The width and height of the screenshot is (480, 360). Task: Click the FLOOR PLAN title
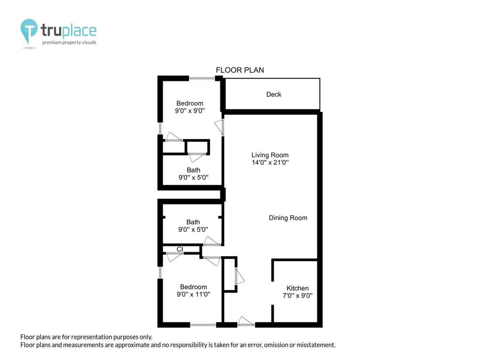[x=240, y=70]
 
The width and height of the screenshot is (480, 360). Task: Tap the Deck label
[x=274, y=94]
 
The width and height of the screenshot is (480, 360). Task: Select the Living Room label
[x=270, y=155]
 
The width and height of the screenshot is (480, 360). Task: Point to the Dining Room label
[x=288, y=218]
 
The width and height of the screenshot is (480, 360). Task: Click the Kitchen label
[x=298, y=288]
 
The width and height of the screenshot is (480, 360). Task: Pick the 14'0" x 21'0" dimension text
[x=270, y=163]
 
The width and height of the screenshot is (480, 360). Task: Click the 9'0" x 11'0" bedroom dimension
[x=194, y=294]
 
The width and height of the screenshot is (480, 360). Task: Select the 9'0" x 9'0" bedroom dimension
[x=190, y=111]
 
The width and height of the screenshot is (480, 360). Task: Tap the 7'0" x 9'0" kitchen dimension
[x=298, y=296]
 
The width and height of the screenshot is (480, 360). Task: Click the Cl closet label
[x=180, y=249]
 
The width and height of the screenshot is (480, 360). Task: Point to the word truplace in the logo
[x=68, y=30]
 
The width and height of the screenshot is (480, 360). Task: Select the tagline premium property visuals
[x=69, y=42]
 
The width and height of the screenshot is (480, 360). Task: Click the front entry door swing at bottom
[x=246, y=321]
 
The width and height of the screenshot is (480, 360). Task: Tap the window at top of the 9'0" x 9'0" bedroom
[x=202, y=79]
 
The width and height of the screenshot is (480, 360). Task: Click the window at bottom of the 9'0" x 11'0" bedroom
[x=203, y=324]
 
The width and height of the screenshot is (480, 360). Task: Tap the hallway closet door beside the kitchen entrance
[x=240, y=276]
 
